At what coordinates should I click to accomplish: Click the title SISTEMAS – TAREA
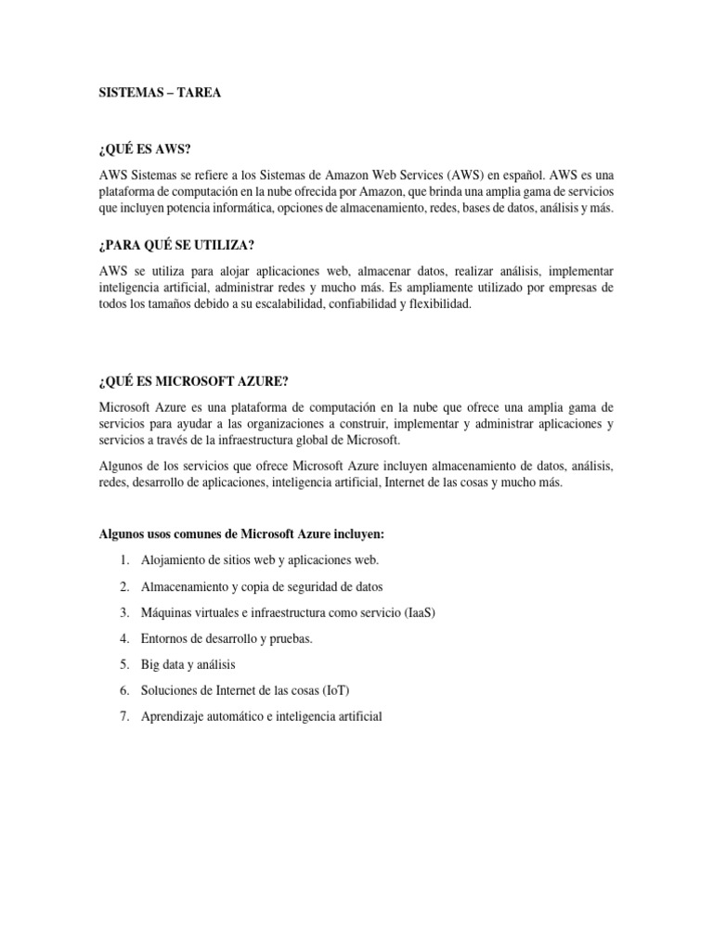[x=160, y=95]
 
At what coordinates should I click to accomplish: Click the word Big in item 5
[x=151, y=664]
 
